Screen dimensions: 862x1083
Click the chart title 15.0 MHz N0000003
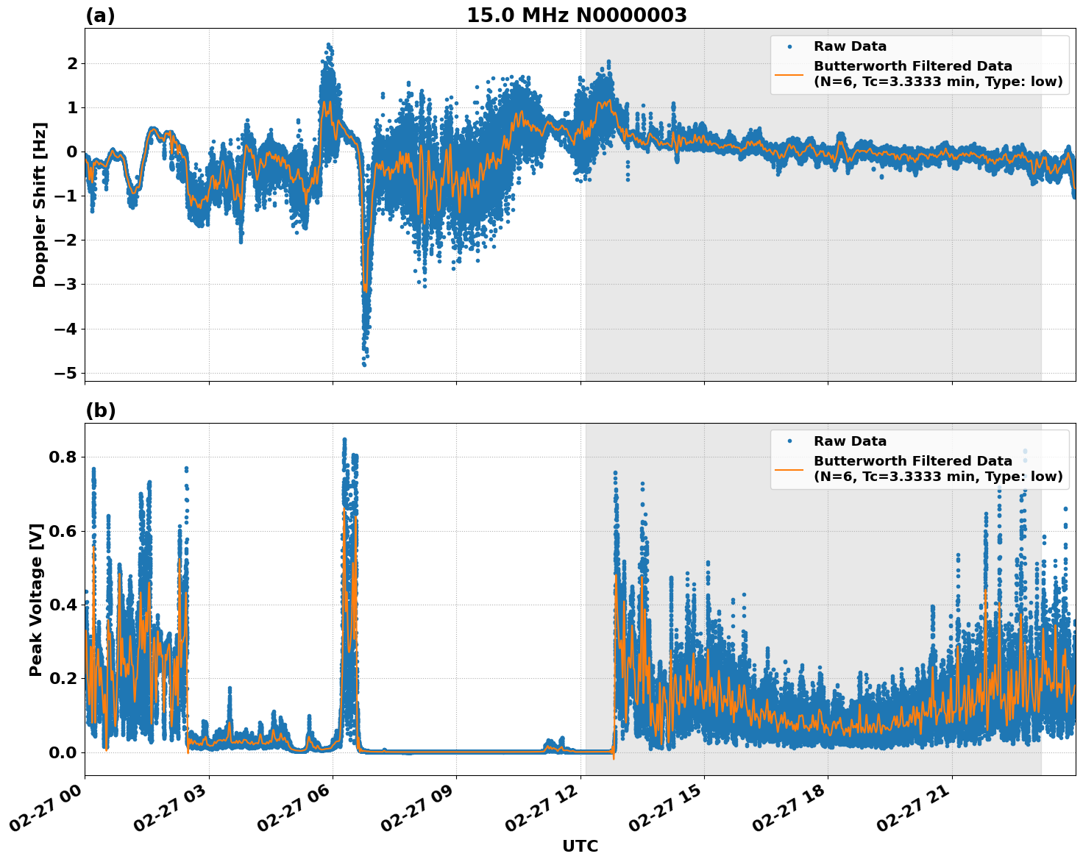pos(576,15)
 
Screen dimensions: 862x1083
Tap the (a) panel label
pos(100,15)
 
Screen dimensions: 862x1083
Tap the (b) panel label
pos(100,410)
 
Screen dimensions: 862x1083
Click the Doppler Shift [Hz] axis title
pos(40,204)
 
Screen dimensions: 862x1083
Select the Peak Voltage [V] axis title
pos(36,599)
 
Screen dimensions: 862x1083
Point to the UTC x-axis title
pos(580,846)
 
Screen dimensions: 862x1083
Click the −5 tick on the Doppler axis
pos(66,373)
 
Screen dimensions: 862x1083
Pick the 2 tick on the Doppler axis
pos(72,64)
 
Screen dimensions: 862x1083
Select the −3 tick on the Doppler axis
pos(66,285)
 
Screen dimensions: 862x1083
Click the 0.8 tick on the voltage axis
pos(62,457)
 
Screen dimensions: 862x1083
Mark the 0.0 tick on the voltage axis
pos(62,752)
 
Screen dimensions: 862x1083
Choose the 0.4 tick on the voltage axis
pos(62,605)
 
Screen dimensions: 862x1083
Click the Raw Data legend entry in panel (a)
pos(850,46)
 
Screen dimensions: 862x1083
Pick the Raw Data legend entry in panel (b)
pos(850,441)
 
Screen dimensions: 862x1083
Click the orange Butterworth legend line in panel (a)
pos(789,74)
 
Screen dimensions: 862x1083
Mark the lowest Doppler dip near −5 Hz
pos(363,363)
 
